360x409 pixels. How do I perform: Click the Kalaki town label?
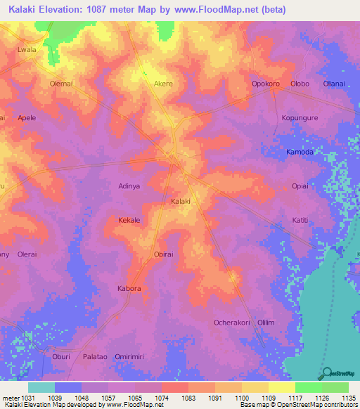click(181, 202)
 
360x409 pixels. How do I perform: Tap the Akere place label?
click(163, 84)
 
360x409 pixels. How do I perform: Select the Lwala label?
click(26, 51)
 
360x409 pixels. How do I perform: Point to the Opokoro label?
click(266, 84)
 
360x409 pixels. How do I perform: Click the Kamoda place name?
click(300, 152)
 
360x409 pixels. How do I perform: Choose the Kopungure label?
click(300, 117)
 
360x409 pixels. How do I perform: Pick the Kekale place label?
click(129, 220)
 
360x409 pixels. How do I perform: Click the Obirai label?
click(163, 254)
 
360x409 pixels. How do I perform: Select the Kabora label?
click(129, 288)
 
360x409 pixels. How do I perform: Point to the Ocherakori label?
click(231, 322)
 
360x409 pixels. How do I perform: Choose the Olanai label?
click(334, 84)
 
